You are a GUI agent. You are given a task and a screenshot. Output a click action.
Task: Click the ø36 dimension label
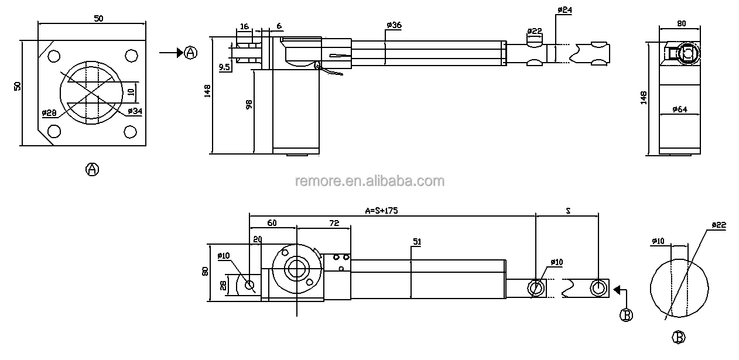(x=394, y=25)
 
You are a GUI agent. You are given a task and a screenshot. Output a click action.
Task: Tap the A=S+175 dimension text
(x=381, y=211)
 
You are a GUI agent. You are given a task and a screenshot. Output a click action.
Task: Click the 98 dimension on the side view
(x=249, y=105)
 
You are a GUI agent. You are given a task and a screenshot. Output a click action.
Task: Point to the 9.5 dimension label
(x=224, y=67)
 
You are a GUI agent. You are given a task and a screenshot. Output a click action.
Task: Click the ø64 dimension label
(x=679, y=109)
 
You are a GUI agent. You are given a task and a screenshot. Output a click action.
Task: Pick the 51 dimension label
(x=417, y=241)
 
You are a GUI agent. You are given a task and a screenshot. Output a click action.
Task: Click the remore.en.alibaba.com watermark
(x=369, y=181)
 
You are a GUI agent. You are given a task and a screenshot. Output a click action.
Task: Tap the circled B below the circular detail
(x=678, y=338)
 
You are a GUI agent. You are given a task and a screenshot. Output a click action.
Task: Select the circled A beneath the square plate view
(x=92, y=169)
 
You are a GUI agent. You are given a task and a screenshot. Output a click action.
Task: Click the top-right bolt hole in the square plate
(x=131, y=56)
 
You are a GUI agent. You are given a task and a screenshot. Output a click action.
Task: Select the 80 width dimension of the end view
(x=681, y=25)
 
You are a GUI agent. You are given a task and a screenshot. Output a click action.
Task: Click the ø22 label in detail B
(x=719, y=225)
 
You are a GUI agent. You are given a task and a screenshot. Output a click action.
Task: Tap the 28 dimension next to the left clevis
(x=223, y=285)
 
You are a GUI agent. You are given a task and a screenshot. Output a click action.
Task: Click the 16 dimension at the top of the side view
(x=244, y=26)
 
